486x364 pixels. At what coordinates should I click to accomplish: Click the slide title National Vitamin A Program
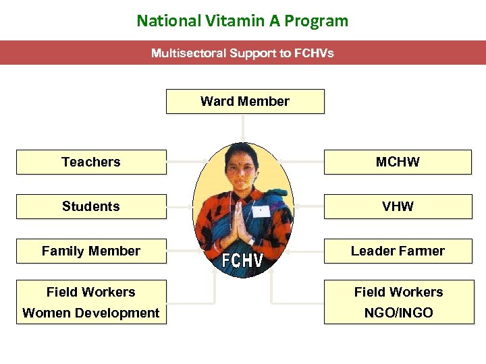pyautogui.click(x=242, y=20)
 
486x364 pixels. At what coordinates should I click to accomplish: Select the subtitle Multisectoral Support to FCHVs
pyautogui.click(x=242, y=53)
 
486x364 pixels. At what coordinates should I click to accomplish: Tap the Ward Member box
pyautogui.click(x=244, y=101)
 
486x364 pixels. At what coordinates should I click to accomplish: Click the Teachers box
pyautogui.click(x=90, y=162)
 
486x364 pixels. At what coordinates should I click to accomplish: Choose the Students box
pyautogui.click(x=90, y=206)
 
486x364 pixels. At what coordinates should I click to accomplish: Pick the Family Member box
pyautogui.click(x=90, y=251)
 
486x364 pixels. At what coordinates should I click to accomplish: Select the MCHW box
pyautogui.click(x=398, y=162)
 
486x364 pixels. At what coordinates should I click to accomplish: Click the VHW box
pyautogui.click(x=398, y=206)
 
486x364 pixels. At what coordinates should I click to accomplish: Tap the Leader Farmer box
pyautogui.click(x=398, y=251)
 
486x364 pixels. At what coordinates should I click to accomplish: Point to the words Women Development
pyautogui.click(x=90, y=313)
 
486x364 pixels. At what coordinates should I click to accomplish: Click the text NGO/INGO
pyautogui.click(x=398, y=313)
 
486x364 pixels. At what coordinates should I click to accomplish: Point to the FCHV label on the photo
pyautogui.click(x=243, y=260)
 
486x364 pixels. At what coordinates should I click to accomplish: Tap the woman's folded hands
pyautogui.click(x=238, y=219)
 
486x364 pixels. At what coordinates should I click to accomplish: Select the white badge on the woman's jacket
pyautogui.click(x=261, y=210)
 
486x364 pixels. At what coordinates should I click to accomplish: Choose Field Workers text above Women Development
pyautogui.click(x=90, y=292)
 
